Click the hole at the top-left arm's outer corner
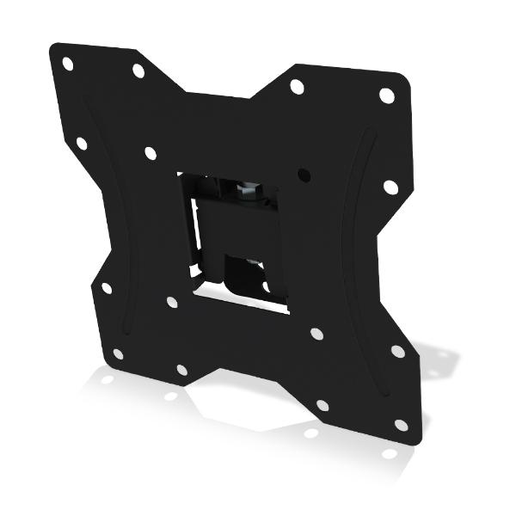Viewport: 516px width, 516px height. pos(67,64)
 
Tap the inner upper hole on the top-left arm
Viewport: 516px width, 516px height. pos(138,71)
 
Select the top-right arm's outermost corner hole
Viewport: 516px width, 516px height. pos(387,95)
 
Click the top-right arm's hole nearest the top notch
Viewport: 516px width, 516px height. pos(297,87)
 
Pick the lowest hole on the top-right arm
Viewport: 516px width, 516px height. pos(390,187)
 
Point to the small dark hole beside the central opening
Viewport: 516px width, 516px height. pos(304,174)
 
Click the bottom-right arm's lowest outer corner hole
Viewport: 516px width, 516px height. pos(401,425)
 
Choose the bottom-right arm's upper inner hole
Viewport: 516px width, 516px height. pos(316,333)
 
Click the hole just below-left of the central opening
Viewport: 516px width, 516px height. pos(172,302)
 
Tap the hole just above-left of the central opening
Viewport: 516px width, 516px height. pos(150,153)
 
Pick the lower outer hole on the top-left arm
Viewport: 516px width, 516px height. pos(82,144)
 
